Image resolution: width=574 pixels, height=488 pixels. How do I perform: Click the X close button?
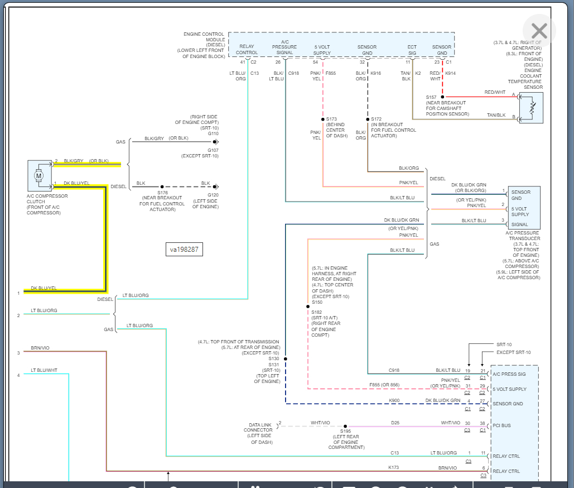539,31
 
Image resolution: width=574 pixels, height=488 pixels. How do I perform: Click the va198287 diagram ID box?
184,250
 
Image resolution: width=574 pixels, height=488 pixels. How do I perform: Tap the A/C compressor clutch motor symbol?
39,176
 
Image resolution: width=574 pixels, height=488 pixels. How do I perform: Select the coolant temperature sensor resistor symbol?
531,107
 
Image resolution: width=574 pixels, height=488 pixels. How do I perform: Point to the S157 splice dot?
442,97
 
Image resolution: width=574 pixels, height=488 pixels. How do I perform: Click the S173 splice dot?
322,119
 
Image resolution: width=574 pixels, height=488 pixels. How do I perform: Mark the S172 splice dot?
367,119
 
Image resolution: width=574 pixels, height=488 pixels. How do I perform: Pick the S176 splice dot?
162,186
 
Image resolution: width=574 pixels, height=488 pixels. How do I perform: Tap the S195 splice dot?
345,426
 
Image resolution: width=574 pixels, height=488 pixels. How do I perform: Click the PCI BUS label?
502,426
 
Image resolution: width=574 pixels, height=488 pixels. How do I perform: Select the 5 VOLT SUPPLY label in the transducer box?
520,211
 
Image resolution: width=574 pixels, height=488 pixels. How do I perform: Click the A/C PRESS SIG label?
509,374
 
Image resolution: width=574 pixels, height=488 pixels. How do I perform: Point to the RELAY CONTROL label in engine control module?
247,50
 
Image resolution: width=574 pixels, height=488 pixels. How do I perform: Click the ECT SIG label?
412,50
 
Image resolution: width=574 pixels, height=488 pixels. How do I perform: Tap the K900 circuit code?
394,400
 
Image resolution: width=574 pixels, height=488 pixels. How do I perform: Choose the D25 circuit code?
395,423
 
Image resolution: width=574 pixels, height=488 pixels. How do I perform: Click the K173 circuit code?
394,467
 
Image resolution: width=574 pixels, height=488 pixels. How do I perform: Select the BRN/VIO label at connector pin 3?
40,348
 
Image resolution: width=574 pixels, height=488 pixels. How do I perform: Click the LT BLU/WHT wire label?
44,370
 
